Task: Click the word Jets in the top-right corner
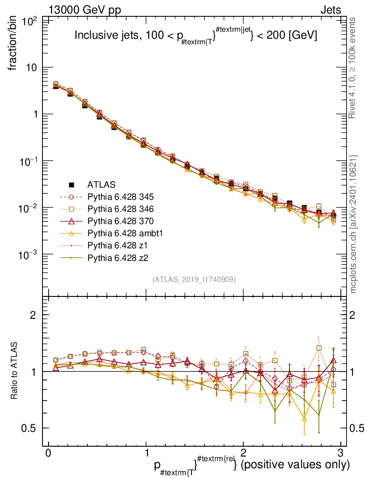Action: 330,10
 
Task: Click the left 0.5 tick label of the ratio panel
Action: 31,428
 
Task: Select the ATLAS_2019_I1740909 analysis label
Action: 193,280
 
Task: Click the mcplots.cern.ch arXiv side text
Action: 353,224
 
